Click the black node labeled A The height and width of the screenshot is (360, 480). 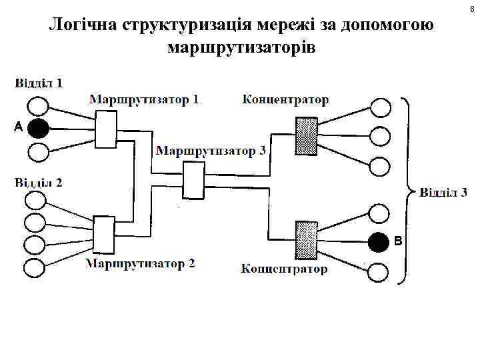click(39, 128)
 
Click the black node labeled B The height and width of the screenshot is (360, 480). click(379, 241)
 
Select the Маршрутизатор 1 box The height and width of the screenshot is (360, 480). click(105, 129)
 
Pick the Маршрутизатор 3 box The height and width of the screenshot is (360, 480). click(193, 180)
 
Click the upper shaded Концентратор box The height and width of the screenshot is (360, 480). click(306, 136)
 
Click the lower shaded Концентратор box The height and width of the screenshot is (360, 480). click(306, 239)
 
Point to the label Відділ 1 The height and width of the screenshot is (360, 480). click(39, 83)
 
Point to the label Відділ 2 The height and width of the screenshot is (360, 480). click(39, 183)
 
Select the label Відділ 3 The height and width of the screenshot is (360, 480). click(443, 193)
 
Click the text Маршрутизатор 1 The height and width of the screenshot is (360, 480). click(143, 100)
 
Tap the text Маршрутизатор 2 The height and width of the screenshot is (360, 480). click(140, 263)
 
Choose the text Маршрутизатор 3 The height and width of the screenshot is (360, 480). click(211, 151)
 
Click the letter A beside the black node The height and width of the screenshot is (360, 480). click(18, 127)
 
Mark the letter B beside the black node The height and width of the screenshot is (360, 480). click(398, 241)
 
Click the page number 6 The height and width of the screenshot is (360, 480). click(472, 8)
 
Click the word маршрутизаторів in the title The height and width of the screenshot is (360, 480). click(243, 48)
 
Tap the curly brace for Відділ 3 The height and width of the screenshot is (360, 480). click(405, 191)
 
